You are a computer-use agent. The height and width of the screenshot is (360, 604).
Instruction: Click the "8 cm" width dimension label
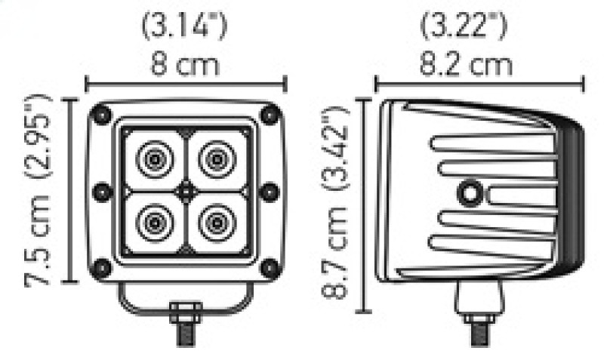185,63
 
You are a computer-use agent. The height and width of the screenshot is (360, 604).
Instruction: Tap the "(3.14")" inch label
185,29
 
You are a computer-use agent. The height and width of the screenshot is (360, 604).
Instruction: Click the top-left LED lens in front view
154,159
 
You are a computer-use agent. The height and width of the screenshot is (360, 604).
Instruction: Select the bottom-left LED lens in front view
154,223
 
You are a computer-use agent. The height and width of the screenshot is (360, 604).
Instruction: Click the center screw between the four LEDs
186,192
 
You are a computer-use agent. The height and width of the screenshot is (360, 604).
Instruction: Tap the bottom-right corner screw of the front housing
268,268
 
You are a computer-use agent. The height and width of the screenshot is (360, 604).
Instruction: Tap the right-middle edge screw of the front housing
269,192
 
